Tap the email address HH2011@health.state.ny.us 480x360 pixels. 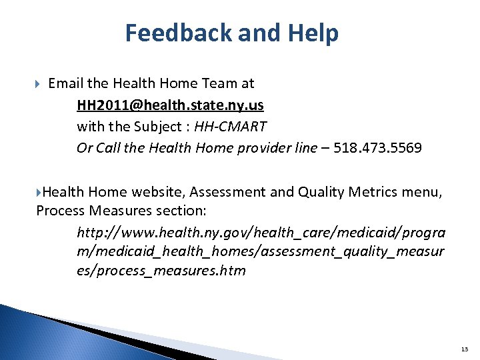(x=170, y=105)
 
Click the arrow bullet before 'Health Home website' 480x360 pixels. (x=39, y=193)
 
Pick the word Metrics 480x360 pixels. (x=357, y=193)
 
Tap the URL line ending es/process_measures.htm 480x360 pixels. (x=161, y=271)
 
